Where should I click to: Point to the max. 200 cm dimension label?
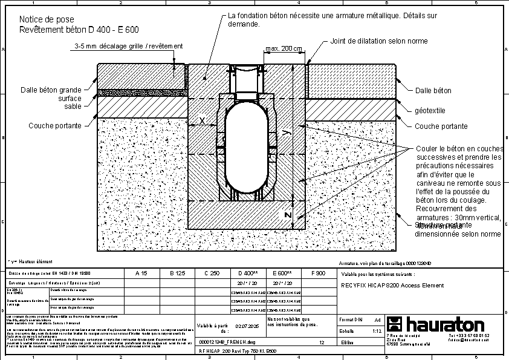point(284,48)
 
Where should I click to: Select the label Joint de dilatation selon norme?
point(379,41)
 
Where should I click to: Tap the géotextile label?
point(430,111)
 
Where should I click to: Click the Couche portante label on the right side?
point(441,126)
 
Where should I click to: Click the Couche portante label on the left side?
point(55,126)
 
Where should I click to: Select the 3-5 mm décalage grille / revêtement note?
point(128,46)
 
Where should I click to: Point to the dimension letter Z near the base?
point(288,215)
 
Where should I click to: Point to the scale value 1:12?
point(376,331)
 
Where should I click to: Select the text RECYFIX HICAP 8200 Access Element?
point(392,285)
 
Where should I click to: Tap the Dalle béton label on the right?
point(433,91)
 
